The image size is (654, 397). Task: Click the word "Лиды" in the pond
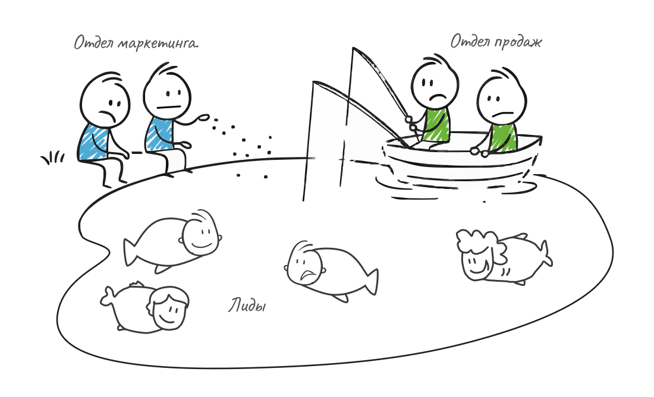click(x=247, y=305)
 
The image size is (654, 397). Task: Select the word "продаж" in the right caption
click(x=518, y=42)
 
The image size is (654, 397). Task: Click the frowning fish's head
click(x=304, y=263)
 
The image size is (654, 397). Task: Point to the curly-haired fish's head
click(x=480, y=255)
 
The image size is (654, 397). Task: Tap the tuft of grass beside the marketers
click(x=52, y=157)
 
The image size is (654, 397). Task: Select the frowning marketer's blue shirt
click(x=94, y=141)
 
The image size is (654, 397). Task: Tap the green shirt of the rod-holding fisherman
click(x=436, y=124)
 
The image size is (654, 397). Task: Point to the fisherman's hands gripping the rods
click(x=411, y=122)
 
